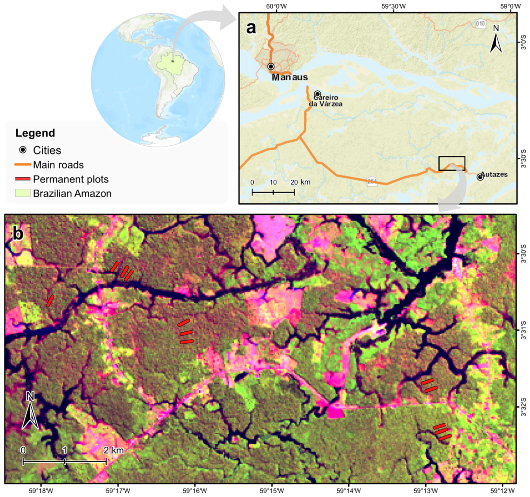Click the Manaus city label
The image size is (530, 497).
click(289, 77)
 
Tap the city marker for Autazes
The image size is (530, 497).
click(480, 177)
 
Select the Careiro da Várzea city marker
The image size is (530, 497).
click(318, 94)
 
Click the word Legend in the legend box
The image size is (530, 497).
click(35, 133)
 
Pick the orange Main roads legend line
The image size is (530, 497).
click(23, 164)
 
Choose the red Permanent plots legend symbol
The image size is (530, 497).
click(23, 179)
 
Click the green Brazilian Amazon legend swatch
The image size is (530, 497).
click(23, 193)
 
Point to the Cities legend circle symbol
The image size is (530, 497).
click(23, 150)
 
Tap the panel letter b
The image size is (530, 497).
click(18, 234)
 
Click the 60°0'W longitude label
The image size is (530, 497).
click(276, 6)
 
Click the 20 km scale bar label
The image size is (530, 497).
click(300, 182)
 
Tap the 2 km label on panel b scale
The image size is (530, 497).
click(113, 450)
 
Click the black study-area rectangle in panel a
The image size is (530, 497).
click(452, 163)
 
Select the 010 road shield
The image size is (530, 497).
click(480, 23)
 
